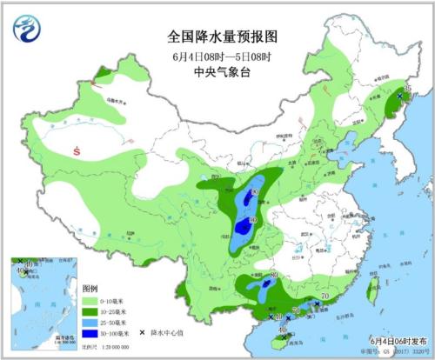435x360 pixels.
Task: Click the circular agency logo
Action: (x=28, y=30)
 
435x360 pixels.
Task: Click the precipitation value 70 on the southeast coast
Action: (x=325, y=297)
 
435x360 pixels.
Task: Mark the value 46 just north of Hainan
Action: (x=283, y=327)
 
